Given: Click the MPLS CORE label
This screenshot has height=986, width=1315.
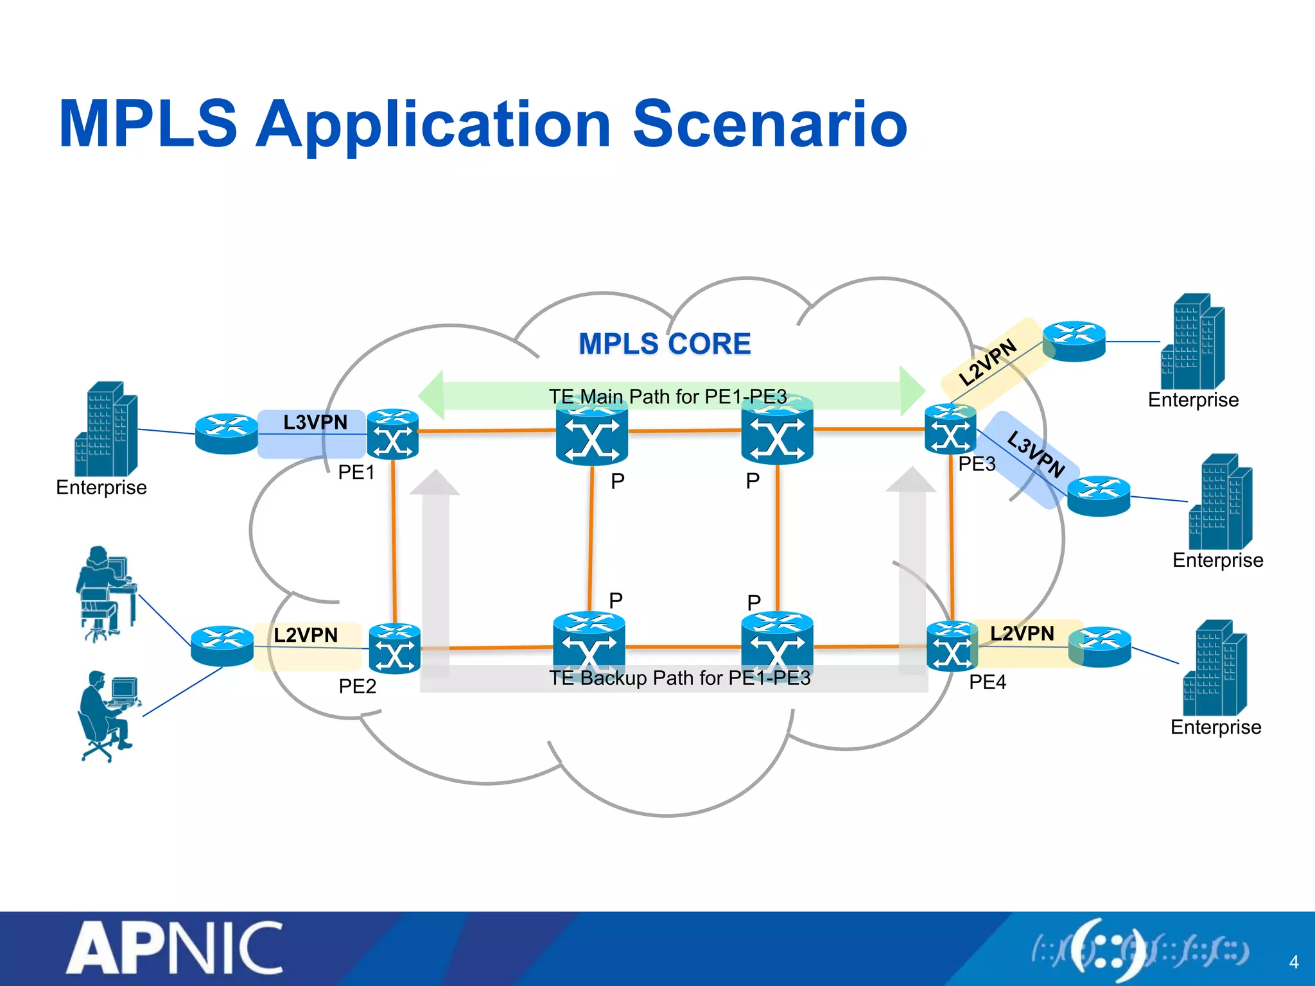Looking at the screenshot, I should tap(665, 344).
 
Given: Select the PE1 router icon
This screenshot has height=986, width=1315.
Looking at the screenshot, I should tap(392, 434).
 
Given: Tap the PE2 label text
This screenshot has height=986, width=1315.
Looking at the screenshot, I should tap(357, 686).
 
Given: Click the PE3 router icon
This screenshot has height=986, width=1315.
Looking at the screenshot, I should tap(950, 429).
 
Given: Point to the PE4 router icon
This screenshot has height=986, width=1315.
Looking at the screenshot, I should tap(952, 646).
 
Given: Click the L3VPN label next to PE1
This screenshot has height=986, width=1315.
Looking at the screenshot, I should tap(315, 422).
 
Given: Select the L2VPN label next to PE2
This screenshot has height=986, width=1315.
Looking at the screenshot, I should tap(306, 636).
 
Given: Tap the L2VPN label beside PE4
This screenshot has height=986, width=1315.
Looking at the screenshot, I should tap(1022, 634).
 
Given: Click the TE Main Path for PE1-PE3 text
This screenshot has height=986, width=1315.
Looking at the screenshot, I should tap(668, 397).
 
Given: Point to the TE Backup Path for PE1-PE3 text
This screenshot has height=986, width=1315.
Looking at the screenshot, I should tap(679, 678).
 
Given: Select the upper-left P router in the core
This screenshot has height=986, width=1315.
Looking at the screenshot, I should tap(591, 433).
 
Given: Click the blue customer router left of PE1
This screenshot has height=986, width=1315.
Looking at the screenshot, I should tap(226, 434).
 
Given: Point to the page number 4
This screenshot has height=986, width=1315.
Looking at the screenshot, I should tap(1293, 962).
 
